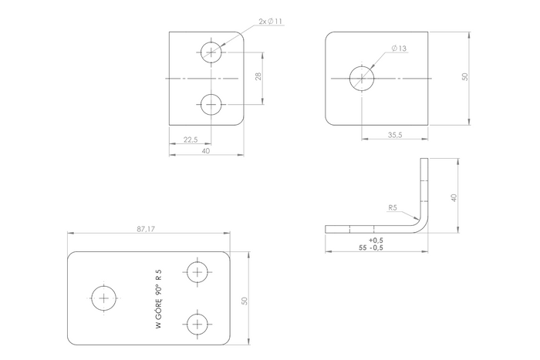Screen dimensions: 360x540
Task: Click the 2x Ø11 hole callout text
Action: coord(272,21)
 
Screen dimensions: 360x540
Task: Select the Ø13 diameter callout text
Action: coord(400,48)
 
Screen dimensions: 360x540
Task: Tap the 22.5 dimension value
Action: coord(189,140)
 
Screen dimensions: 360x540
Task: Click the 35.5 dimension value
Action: coord(395,134)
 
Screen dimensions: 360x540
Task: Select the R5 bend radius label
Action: coord(393,207)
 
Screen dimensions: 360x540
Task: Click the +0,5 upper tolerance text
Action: coord(376,240)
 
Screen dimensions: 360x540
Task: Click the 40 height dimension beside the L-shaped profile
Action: coord(454,197)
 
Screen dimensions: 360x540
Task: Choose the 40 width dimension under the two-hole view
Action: coord(205,151)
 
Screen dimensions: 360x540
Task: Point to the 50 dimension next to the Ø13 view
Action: coord(464,78)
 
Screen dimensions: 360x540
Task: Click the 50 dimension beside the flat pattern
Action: coord(245,300)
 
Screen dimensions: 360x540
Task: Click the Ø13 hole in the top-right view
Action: coord(362,79)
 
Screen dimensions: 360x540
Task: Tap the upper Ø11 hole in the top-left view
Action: coord(211,52)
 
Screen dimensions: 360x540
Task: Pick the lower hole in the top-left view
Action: coord(211,104)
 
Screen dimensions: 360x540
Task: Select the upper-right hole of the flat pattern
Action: coord(197,273)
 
